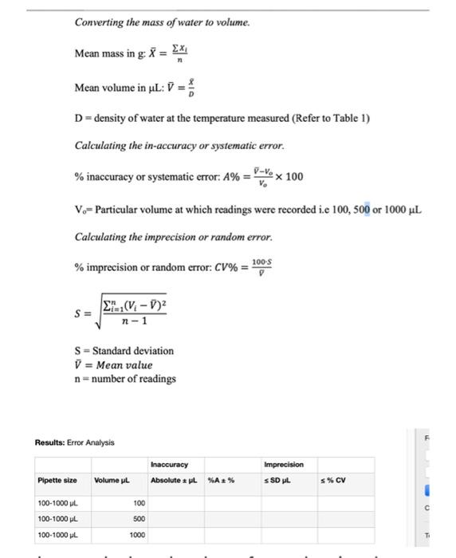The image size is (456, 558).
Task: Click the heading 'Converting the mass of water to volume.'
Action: click(162, 22)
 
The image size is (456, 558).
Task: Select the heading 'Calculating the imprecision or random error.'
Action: click(173, 238)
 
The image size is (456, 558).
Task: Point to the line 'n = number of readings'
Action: click(125, 379)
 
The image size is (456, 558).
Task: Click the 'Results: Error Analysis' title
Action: click(75, 442)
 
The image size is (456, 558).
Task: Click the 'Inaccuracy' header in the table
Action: click(168, 464)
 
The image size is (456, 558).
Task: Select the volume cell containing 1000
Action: click(136, 535)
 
